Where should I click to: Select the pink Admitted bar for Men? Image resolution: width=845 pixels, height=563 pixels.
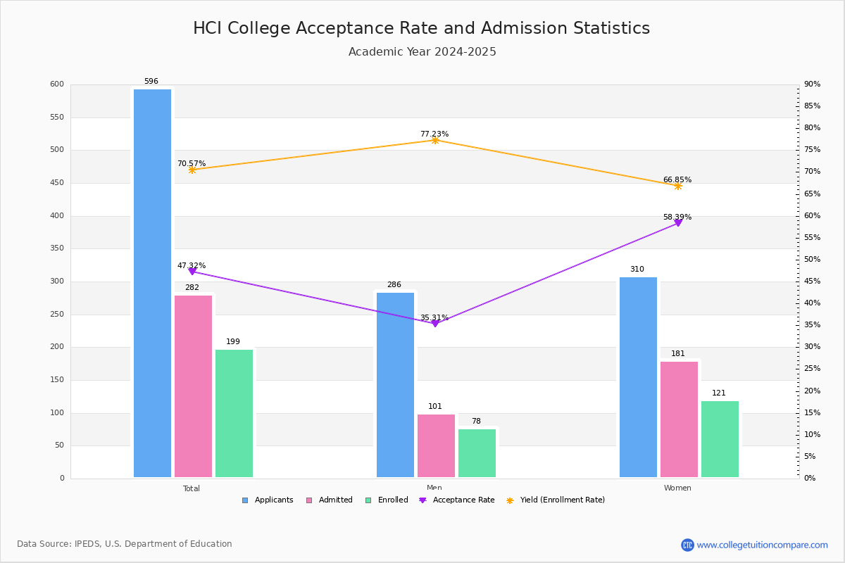coord(436,445)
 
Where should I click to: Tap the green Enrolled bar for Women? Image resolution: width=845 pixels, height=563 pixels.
coord(720,439)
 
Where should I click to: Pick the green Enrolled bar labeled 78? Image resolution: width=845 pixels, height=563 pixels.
coord(477,453)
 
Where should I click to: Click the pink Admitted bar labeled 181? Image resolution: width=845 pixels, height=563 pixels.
coord(679,419)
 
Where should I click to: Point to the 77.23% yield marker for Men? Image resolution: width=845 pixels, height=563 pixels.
coord(434,140)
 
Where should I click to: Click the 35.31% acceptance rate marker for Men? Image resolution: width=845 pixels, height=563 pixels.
coord(434,323)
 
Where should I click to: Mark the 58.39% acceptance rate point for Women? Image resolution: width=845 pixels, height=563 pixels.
coord(678,222)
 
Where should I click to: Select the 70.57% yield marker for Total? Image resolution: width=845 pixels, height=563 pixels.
coord(192,170)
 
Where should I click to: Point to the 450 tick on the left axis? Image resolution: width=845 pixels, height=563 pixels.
coord(56,183)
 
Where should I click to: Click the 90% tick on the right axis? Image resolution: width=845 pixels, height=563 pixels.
coord(813,84)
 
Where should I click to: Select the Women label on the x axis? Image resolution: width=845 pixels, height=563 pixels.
coord(677,488)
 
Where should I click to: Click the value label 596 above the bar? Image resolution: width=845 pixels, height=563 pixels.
coord(151,82)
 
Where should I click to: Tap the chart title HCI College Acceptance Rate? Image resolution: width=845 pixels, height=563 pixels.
coord(421,28)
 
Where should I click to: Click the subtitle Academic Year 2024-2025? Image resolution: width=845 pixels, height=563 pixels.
coord(422,52)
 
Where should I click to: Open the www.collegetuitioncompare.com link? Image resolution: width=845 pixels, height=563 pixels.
coord(762,545)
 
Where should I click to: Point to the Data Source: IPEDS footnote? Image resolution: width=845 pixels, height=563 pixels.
coord(125,544)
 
